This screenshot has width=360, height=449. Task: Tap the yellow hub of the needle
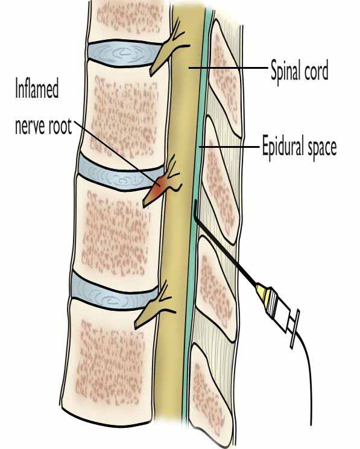click(x=264, y=292)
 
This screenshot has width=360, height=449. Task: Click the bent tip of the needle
click(x=195, y=209)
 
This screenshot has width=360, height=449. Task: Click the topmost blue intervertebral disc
click(x=124, y=53)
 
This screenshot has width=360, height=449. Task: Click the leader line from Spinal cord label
click(x=228, y=68)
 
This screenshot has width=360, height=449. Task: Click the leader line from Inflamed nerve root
click(x=116, y=153)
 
